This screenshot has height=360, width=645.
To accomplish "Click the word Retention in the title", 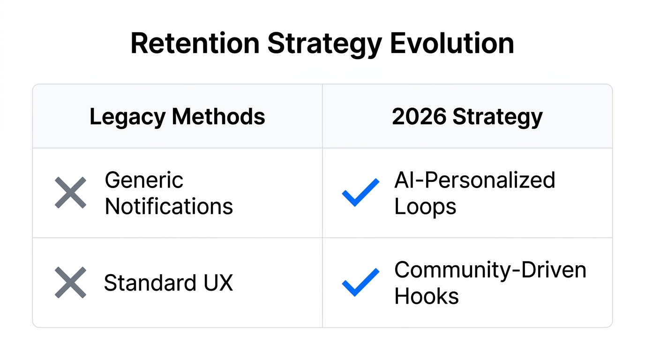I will click(195, 44).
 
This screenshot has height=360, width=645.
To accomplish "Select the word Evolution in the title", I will click(452, 44).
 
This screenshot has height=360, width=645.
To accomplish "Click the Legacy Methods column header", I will click(177, 117).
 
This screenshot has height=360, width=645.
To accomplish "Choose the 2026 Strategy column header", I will click(467, 117).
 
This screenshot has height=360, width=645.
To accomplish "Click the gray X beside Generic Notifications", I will click(70, 193).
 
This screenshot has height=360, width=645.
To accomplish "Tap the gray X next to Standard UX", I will click(70, 283).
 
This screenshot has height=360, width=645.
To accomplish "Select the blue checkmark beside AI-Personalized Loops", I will click(360, 193).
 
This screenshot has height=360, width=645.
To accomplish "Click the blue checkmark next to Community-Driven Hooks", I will click(360, 283).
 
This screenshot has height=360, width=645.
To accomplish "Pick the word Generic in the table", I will click(144, 180).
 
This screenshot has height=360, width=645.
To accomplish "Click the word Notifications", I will click(169, 206).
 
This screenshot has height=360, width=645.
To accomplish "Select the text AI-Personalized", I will click(474, 180).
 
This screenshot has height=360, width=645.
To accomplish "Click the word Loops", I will click(425, 206).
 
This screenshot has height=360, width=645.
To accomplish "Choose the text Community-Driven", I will click(490, 270).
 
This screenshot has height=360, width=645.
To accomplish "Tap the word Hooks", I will click(427, 296).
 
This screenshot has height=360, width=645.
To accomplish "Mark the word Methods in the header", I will click(218, 116).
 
